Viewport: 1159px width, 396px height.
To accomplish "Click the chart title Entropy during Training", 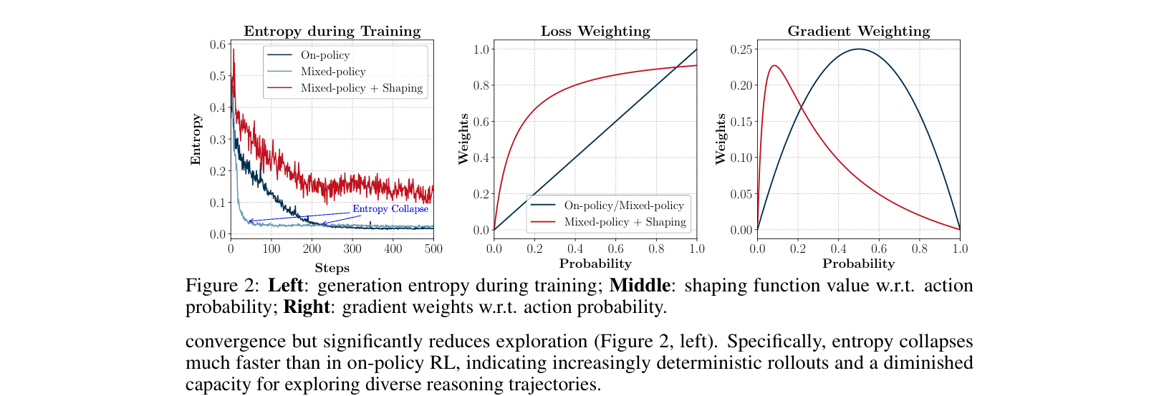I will (x=332, y=31).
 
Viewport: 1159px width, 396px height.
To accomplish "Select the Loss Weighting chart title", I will (x=595, y=31).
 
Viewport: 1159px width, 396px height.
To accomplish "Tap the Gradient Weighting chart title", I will (x=858, y=31).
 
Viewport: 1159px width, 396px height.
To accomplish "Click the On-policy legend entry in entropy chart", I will (x=324, y=55).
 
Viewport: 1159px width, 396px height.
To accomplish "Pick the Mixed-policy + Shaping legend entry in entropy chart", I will (x=361, y=88).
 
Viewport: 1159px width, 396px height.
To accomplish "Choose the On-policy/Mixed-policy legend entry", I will (x=623, y=206).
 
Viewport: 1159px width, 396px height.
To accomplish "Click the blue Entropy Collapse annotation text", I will (x=390, y=209).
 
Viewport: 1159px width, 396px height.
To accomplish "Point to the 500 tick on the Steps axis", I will (x=433, y=249).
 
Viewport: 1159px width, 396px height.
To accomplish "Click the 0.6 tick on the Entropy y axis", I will (x=217, y=44).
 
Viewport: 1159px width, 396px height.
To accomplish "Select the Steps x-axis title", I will (x=332, y=268).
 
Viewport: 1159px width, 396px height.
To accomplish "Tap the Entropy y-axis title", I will (x=196, y=140).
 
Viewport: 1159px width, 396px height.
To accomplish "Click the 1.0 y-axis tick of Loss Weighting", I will (x=481, y=49).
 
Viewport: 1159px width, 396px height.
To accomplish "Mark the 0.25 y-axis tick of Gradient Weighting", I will (x=741, y=49).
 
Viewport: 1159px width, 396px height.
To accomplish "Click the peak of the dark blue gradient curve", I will (x=858, y=49).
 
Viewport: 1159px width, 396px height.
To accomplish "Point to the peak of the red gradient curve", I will (x=774, y=66).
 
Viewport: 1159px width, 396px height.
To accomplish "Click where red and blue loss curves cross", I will (x=675, y=68).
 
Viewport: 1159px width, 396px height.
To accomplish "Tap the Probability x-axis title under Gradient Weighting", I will (x=858, y=264).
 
